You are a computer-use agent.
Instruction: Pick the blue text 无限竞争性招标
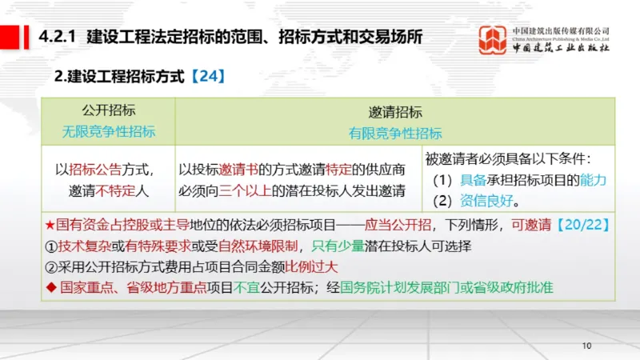pyautogui.click(x=109, y=132)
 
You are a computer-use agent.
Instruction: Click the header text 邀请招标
pyautogui.click(x=395, y=112)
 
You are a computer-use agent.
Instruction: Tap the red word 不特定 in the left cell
pyautogui.click(x=114, y=191)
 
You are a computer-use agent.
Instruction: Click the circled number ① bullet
pyautogui.click(x=50, y=246)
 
